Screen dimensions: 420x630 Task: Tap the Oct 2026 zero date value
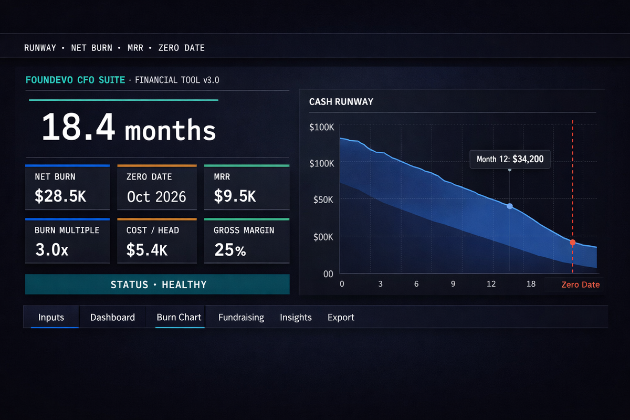156,196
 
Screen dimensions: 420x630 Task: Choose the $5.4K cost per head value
147,250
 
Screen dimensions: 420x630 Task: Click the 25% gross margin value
230,250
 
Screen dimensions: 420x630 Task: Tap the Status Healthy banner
157,285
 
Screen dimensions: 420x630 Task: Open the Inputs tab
51,317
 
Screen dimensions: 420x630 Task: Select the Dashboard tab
112,317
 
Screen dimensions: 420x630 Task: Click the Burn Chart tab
179,317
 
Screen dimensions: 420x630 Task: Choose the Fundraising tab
241,317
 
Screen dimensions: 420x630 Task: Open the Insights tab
296,317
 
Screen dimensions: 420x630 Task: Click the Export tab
341,317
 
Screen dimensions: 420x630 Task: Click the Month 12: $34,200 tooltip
510,159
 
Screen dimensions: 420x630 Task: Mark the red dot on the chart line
573,243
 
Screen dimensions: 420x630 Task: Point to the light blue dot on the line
510,206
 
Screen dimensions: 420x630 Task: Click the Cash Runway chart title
341,102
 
